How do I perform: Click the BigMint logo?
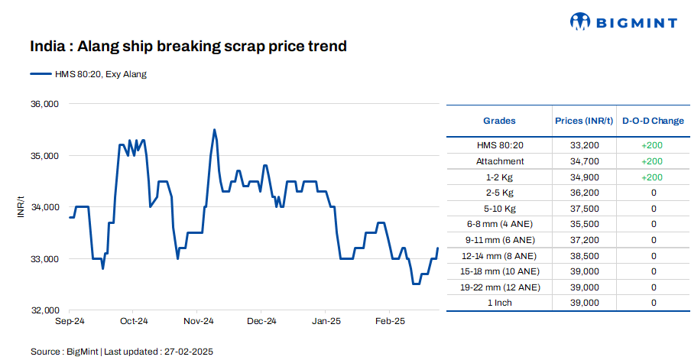tap(624, 22)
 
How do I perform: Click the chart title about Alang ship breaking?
tap(188, 47)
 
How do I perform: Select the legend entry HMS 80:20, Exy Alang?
tap(89, 74)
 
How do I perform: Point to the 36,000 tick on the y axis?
tap(44, 103)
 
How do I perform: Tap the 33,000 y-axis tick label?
tap(44, 259)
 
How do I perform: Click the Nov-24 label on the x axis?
tap(197, 322)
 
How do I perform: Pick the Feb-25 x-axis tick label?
tap(390, 322)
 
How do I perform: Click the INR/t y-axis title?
tap(21, 207)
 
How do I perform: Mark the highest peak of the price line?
tap(214, 130)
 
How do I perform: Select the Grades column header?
tap(499, 121)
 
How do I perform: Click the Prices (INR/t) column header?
tap(584, 121)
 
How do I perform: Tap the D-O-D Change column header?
tap(653, 121)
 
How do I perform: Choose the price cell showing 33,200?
tap(584, 145)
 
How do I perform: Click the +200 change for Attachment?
tap(653, 161)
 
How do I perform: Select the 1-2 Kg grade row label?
tap(499, 177)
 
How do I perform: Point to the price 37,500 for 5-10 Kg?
tap(584, 209)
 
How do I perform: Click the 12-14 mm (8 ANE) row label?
tap(499, 256)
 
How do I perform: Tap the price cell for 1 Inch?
tap(584, 303)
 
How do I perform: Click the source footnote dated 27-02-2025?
tap(122, 352)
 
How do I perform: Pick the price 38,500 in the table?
tap(584, 256)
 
